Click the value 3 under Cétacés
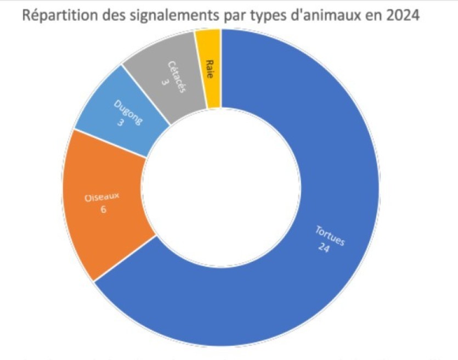[165, 82]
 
